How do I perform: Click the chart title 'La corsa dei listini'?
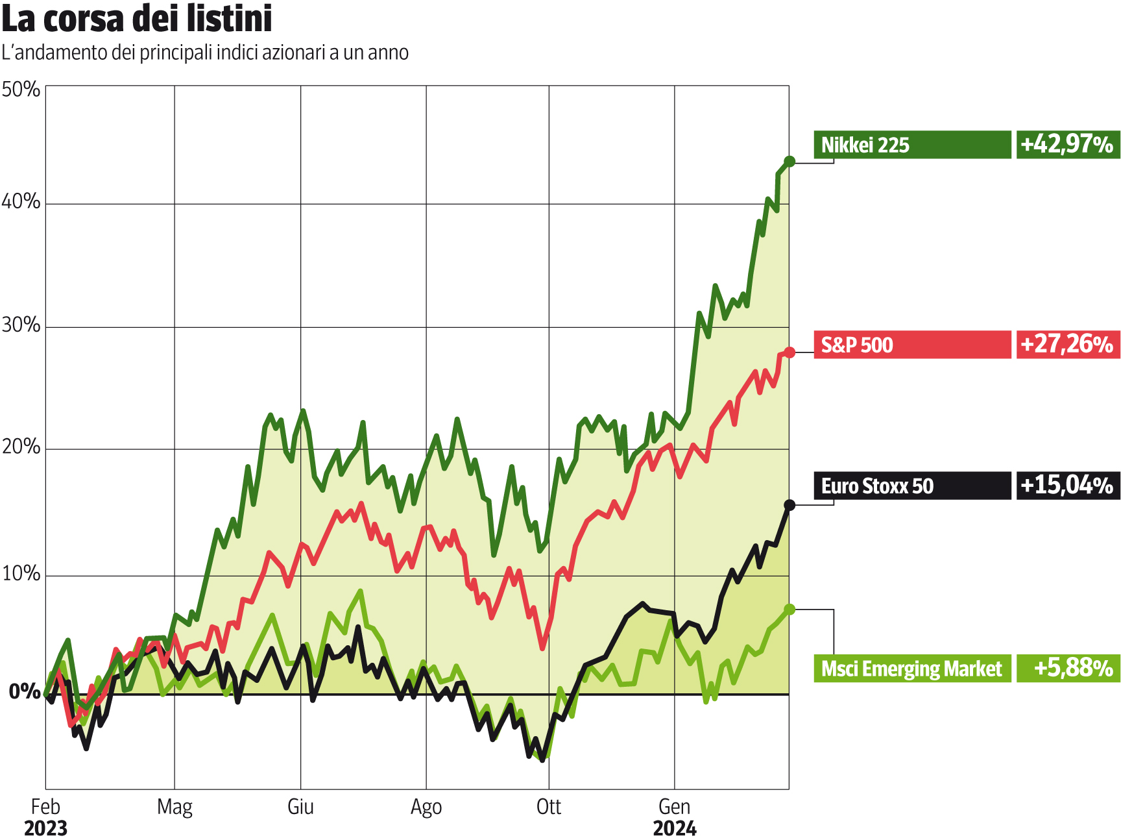pos(137,19)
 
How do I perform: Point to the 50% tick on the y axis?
pos(21,90)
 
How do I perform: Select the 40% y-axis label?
pos(21,202)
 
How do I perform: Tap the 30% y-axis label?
pos(21,325)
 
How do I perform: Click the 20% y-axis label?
pos(21,447)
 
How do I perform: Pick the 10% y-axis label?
pos(21,574)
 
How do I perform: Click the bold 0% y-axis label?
pos(25,692)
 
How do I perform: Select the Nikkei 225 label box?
pos(911,145)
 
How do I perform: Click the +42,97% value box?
pos(1067,145)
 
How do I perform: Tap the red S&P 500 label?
pos(911,345)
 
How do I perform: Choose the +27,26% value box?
pos(1067,345)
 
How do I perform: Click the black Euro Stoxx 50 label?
pos(911,486)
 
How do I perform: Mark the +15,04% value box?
pos(1067,486)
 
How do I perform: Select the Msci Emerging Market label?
pos(911,669)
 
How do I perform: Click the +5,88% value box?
pos(1067,669)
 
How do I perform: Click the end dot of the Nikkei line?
pos(790,162)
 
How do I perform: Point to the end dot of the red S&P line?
pos(790,352)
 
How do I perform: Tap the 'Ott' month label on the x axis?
pos(549,807)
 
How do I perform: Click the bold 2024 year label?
pos(675,829)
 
